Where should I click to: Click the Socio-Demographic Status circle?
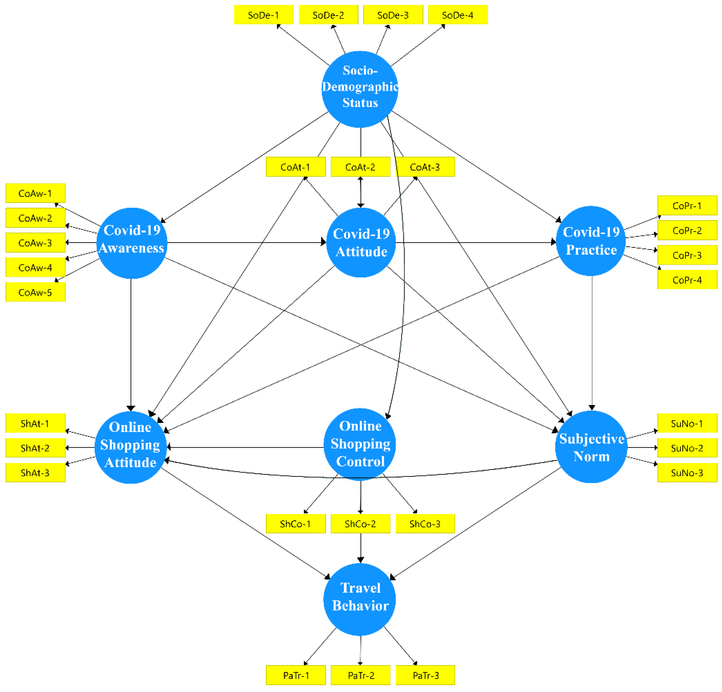(360, 89)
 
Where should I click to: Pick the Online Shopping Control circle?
(360, 444)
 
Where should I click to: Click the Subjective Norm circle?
(591, 447)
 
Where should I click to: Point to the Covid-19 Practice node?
(591, 241)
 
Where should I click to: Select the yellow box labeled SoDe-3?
(393, 15)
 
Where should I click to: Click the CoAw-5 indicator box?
(35, 292)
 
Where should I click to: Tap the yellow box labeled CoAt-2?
(360, 167)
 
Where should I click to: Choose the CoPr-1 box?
(687, 206)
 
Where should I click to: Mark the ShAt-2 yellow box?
(35, 448)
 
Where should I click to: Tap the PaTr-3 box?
(425, 675)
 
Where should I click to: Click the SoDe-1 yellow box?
(263, 15)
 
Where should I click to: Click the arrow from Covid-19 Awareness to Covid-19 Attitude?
(247, 243)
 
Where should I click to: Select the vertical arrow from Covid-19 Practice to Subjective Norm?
(592, 342)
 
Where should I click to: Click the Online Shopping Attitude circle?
(131, 447)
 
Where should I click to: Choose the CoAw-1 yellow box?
(35, 193)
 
